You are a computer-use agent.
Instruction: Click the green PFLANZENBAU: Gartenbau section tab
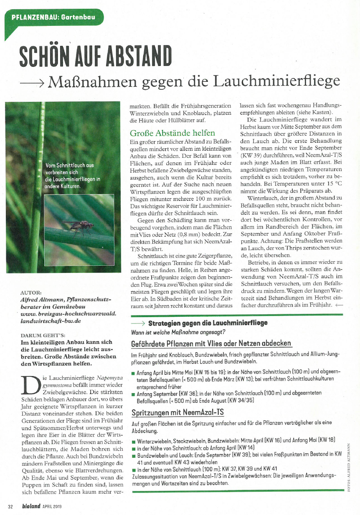point(53,18)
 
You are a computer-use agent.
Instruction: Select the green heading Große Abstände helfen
point(173,134)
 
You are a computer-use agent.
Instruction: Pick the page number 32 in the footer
point(11,506)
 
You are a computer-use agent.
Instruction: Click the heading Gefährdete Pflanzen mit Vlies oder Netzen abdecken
point(211,343)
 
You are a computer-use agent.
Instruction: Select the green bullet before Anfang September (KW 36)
point(133,394)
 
